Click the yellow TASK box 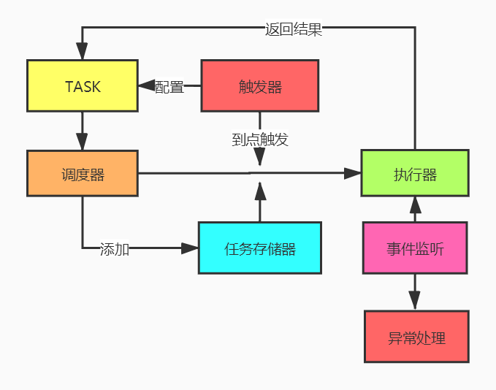point(83,86)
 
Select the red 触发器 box point(259,86)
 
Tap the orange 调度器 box point(83,174)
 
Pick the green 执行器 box point(415,174)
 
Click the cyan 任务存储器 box point(259,248)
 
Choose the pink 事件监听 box point(415,248)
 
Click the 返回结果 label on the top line point(294,29)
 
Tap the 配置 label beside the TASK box point(169,86)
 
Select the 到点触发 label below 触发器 point(260,139)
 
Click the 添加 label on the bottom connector point(115,249)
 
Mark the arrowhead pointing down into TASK point(83,51)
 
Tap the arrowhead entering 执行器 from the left point(353,174)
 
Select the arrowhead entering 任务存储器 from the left point(190,248)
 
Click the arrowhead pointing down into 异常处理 point(415,300)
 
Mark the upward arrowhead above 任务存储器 point(260,192)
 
